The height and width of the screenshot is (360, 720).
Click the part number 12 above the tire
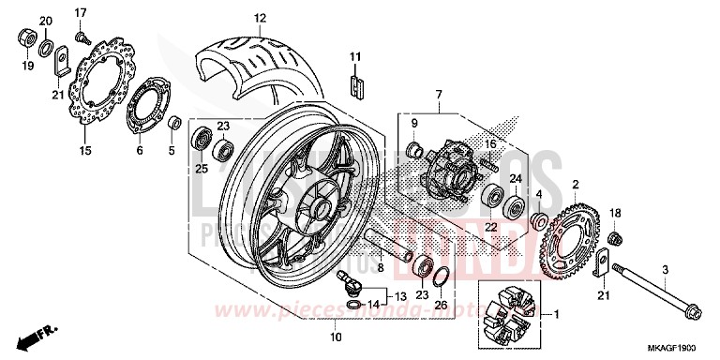coord(260,18)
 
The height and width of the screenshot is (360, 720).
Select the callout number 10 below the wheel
coord(334,337)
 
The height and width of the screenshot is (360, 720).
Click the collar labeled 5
coord(173,123)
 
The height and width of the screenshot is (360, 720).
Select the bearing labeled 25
coord(200,142)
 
